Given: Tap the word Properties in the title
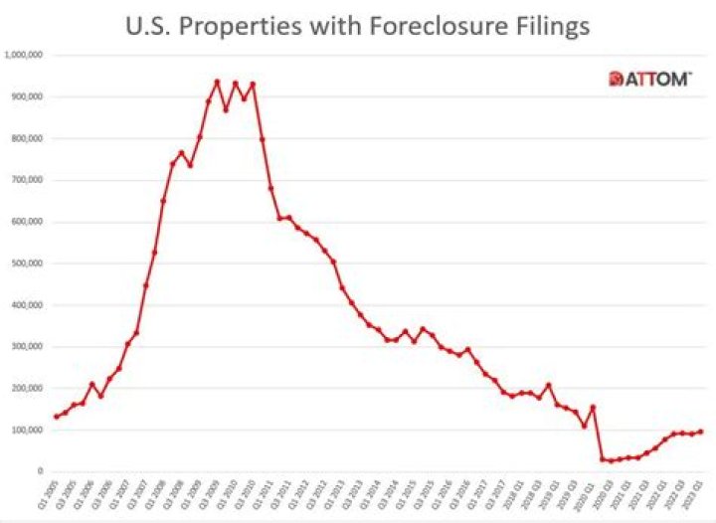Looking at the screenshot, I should pos(237,27).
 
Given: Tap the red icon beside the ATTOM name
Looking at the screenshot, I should pos(616,79).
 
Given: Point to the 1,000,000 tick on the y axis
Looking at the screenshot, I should pos(23,56).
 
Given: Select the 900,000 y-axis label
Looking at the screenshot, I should pos(25,97).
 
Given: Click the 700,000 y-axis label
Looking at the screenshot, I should pos(25,181).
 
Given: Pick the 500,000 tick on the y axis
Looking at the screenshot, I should pos(25,264).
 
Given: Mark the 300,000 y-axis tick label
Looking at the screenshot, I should pos(25,348).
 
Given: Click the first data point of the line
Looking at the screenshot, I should pos(56,417).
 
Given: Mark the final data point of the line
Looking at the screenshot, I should pos(701,432).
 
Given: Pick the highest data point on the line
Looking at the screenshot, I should pos(217,82).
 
